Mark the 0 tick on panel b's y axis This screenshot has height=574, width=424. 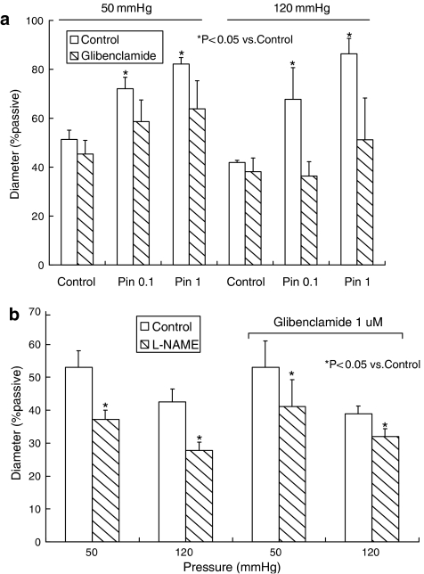tap(39, 541)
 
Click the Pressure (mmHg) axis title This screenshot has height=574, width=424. tap(223, 566)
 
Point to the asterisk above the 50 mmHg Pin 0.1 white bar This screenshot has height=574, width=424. tap(126, 74)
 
